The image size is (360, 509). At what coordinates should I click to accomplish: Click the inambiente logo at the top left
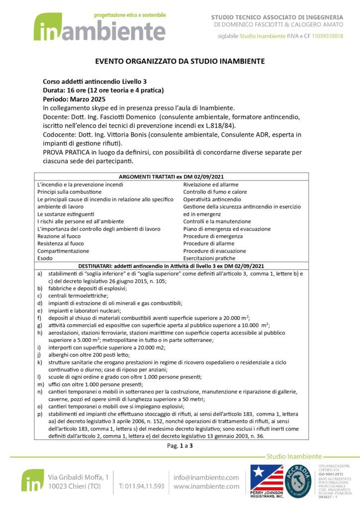tap(99, 28)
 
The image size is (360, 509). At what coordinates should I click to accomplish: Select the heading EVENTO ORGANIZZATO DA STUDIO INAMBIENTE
tap(180, 61)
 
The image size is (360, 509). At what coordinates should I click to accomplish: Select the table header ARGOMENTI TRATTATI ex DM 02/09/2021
tap(171, 176)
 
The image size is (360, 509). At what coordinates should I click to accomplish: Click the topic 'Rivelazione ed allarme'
tap(210, 184)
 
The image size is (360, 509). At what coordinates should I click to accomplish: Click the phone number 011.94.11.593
tap(141, 486)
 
